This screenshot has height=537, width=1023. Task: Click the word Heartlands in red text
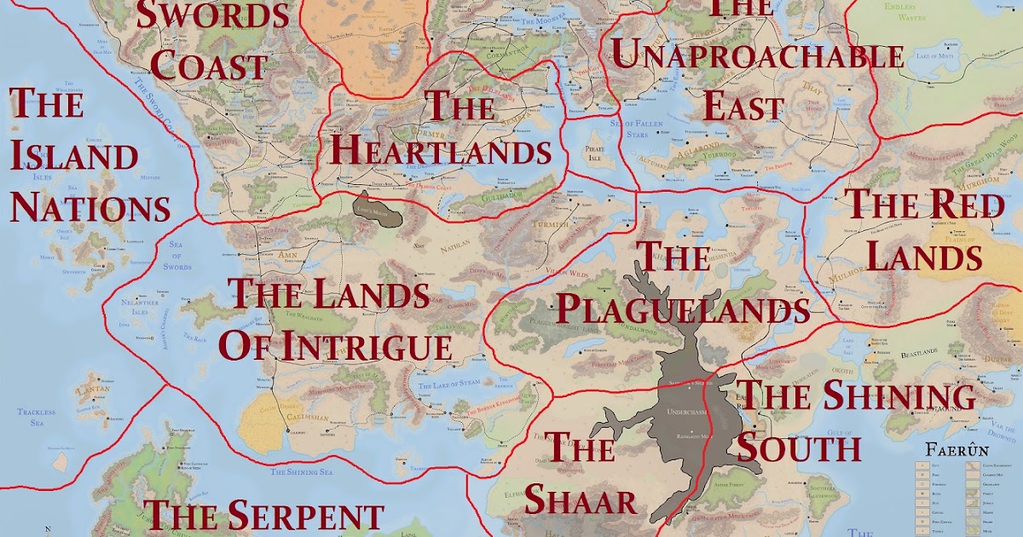click(440, 152)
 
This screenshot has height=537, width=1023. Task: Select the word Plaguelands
click(682, 309)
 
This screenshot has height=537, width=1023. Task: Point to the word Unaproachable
click(758, 57)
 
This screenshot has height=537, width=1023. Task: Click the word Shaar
click(581, 500)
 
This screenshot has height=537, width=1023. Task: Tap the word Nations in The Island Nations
click(90, 207)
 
